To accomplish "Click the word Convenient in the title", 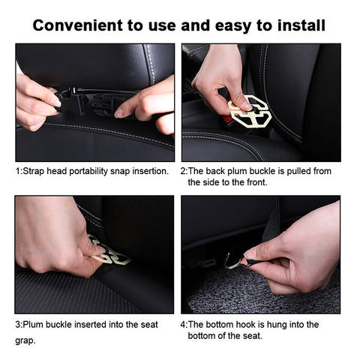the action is coord(78,25).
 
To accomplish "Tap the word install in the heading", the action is coord(301,25).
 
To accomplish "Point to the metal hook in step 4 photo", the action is coord(234,261).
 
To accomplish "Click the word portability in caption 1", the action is coord(88,172).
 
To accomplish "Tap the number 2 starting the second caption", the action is coord(183,171).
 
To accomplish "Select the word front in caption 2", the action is coord(257,182).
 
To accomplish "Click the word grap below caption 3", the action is coord(25,340).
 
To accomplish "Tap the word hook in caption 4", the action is coord(246,325).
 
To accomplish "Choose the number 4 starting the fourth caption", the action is coord(183,325).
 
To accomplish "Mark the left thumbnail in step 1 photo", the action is coord(56,101).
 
